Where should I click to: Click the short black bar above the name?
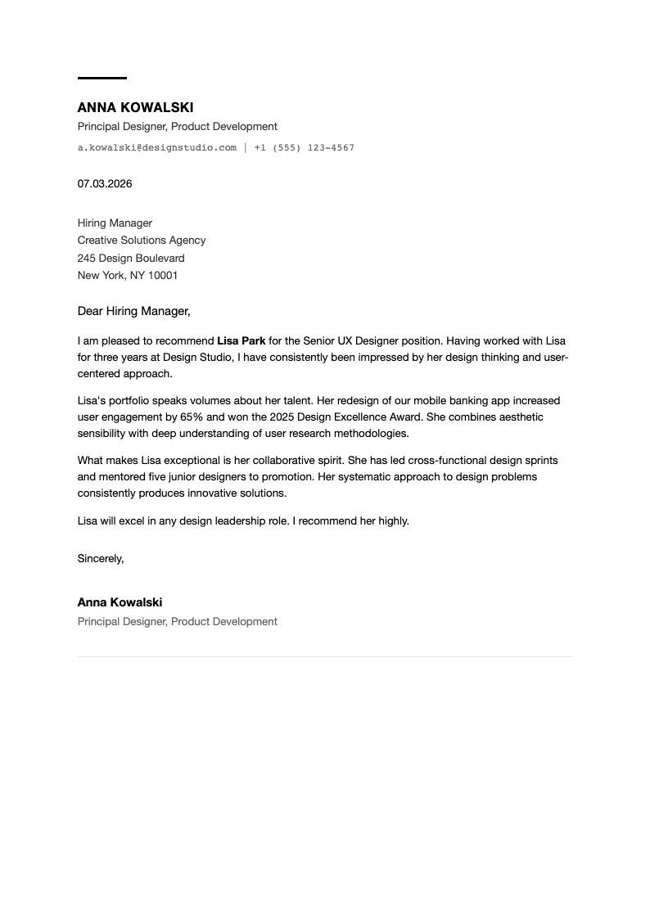click(102, 78)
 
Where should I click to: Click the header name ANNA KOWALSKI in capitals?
click(135, 107)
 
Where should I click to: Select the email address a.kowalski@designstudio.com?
click(156, 147)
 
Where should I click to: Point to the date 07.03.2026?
click(105, 183)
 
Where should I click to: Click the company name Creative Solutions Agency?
click(142, 240)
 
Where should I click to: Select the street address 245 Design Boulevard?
click(131, 258)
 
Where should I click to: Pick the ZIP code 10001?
click(163, 275)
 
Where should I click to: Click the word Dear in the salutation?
click(90, 311)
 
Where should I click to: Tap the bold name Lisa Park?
click(241, 340)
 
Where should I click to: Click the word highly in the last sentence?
click(392, 520)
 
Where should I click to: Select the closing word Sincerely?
click(100, 558)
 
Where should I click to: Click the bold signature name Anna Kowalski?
click(120, 602)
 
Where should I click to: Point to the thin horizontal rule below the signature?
click(324, 656)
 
